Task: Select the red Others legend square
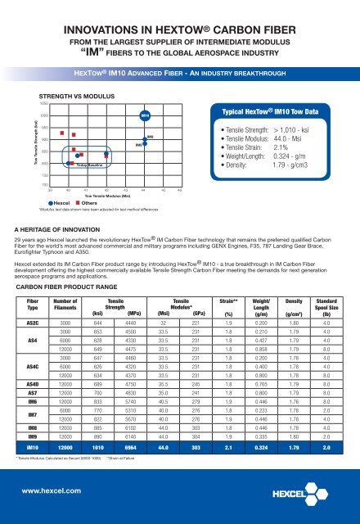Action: tap(109, 179)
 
